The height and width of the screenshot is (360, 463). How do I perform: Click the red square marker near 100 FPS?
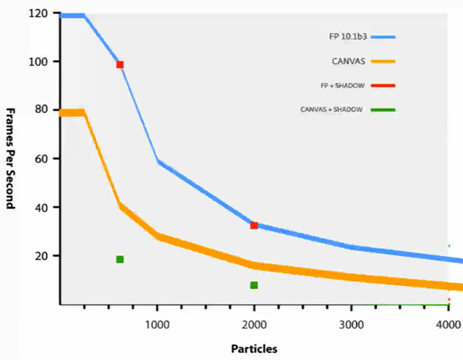120,65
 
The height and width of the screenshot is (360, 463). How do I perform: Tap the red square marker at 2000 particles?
254,226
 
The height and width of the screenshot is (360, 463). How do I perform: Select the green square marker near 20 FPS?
120,259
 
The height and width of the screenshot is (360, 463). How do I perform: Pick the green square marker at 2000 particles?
254,285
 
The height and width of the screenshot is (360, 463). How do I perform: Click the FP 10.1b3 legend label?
348,37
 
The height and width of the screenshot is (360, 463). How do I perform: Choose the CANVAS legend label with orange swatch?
348,62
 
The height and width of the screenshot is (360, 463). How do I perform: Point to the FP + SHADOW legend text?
343,86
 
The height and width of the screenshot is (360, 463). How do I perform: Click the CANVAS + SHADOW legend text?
331,109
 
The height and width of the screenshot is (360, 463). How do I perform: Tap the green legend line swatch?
383,110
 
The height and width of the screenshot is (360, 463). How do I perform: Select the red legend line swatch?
383,86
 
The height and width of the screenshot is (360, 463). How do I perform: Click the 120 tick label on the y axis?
38,13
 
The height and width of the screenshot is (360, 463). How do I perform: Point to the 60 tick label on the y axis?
41,159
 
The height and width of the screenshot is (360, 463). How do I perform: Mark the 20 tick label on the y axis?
41,256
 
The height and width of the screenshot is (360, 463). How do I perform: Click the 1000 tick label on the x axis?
157,325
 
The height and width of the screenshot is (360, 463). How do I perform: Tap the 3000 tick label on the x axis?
351,325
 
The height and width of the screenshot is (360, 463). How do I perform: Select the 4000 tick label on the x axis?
448,325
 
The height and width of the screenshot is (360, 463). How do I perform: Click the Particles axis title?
255,349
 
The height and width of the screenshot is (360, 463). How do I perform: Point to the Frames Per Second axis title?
11,159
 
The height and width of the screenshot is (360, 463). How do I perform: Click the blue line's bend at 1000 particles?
158,162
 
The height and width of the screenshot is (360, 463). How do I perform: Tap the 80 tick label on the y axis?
41,109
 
